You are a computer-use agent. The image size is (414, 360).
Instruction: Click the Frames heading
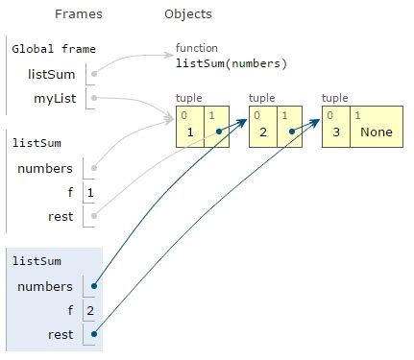pyautogui.click(x=79, y=14)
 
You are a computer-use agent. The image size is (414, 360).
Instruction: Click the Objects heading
pyautogui.click(x=188, y=14)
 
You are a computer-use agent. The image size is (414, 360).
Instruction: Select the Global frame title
pyautogui.click(x=54, y=49)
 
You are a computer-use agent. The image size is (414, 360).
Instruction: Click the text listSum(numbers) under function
pyautogui.click(x=231, y=63)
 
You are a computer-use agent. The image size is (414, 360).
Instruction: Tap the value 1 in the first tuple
pyautogui.click(x=189, y=132)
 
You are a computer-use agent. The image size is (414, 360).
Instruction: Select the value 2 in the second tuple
pyautogui.click(x=262, y=132)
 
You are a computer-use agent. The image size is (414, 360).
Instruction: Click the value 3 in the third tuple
pyautogui.click(x=335, y=132)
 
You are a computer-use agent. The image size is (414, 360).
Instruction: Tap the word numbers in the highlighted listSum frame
pyautogui.click(x=45, y=286)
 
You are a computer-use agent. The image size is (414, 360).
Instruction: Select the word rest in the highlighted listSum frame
pyautogui.click(x=60, y=334)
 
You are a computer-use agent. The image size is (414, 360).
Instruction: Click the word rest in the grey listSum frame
pyautogui.click(x=60, y=217)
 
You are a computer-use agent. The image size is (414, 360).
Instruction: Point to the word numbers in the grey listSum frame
pyautogui.click(x=45, y=169)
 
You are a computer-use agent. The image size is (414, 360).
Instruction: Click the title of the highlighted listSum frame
pyautogui.click(x=36, y=261)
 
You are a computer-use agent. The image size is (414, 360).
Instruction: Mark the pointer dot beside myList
pyautogui.click(x=93, y=97)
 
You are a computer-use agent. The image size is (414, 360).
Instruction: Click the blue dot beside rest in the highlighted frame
pyautogui.click(x=93, y=334)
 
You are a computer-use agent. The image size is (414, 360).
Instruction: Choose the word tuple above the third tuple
pyautogui.click(x=335, y=98)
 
